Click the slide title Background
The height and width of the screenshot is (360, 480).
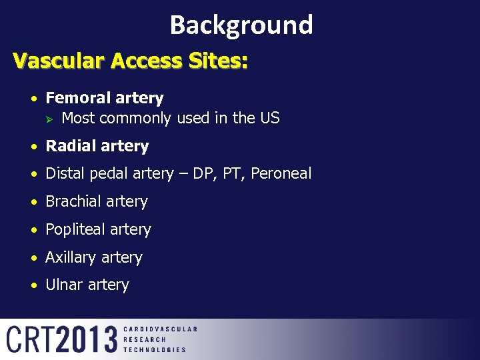[241, 25]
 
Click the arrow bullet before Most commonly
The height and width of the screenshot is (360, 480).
[49, 119]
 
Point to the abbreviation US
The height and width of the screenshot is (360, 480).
[269, 119]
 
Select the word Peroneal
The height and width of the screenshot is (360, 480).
[280, 174]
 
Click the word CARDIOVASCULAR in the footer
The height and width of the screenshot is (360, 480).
[160, 329]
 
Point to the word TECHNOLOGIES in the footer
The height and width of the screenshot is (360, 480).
[155, 349]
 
